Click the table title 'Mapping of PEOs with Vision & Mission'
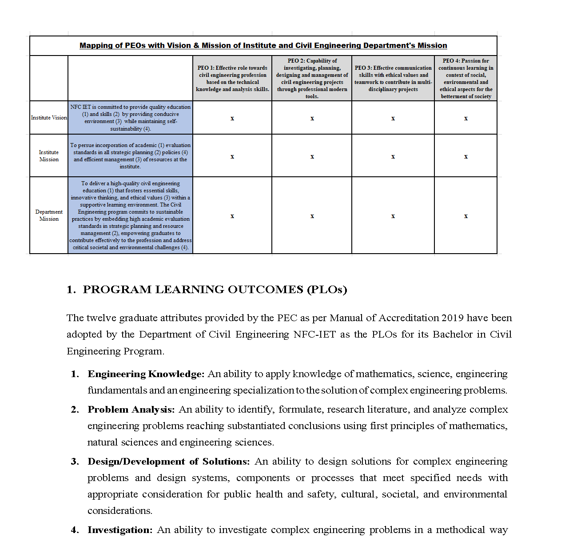(x=263, y=45)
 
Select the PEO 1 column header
(x=232, y=79)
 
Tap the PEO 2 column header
(x=312, y=79)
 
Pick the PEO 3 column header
(x=393, y=79)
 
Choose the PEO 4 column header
(x=466, y=79)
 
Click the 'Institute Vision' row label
(x=49, y=118)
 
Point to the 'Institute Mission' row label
(x=49, y=156)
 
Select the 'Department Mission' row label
(x=49, y=215)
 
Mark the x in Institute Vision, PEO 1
(x=232, y=118)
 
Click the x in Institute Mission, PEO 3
(x=393, y=156)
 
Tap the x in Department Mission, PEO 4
(x=466, y=216)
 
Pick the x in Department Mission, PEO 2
(x=312, y=216)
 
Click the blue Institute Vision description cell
(x=130, y=118)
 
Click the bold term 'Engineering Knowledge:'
(x=146, y=374)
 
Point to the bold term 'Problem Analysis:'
(x=131, y=410)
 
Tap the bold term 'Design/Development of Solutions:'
(x=169, y=461)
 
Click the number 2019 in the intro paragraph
(x=452, y=318)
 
